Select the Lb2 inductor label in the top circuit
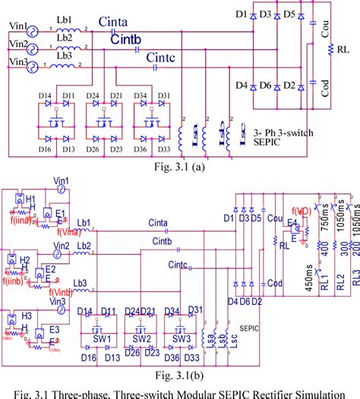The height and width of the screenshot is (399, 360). (x=65, y=37)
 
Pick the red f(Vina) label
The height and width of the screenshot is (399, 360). (x=65, y=233)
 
